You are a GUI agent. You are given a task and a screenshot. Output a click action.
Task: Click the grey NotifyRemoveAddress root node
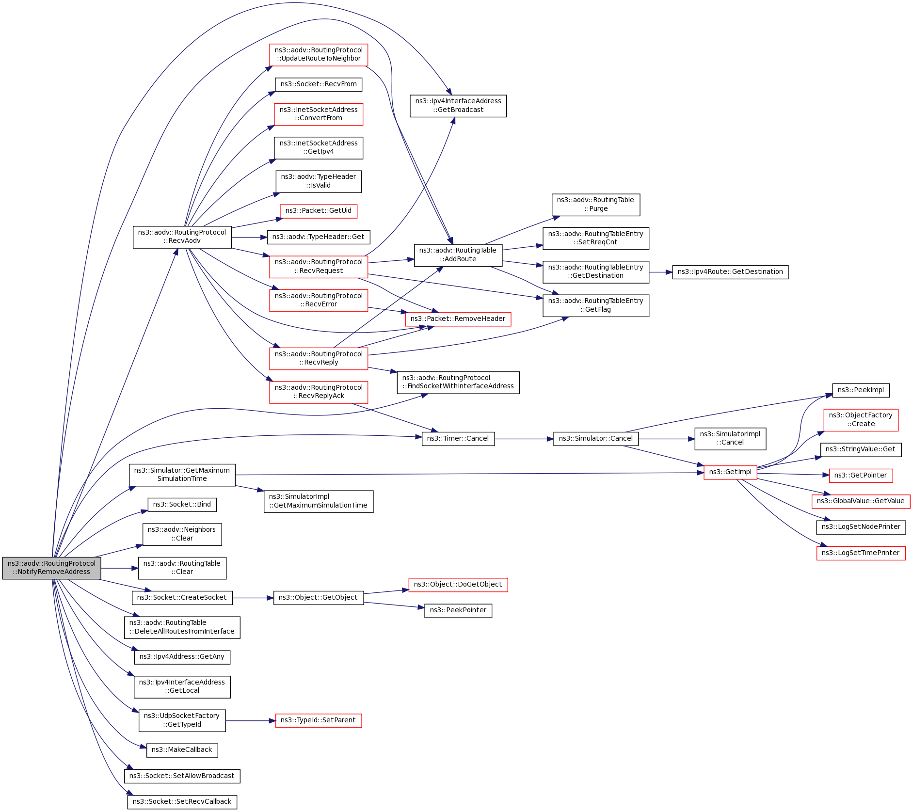[51, 568]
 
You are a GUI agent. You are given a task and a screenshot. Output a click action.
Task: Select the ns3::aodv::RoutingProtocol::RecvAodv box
[182, 237]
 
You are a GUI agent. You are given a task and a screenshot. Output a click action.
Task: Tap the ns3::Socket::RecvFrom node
[319, 84]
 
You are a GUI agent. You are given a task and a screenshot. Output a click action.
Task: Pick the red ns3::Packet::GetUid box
[319, 211]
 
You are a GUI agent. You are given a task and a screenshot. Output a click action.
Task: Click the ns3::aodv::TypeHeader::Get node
[319, 237]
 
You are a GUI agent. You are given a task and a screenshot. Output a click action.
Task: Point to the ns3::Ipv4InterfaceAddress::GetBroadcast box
[458, 106]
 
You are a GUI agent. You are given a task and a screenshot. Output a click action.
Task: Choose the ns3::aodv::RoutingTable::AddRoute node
[458, 255]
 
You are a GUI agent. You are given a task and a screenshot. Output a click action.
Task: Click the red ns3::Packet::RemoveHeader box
[458, 319]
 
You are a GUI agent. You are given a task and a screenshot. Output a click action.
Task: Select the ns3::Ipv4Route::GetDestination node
[730, 272]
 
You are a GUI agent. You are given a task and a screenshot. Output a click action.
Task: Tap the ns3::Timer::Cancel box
[458, 439]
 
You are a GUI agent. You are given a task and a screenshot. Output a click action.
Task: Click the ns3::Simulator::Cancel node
[596, 439]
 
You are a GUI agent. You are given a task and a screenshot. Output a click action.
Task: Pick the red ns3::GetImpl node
[730, 472]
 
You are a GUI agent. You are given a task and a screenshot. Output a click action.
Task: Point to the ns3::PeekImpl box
[861, 390]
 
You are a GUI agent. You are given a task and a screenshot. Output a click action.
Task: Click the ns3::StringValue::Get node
[861, 449]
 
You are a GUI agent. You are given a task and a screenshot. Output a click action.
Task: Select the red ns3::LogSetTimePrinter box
[861, 553]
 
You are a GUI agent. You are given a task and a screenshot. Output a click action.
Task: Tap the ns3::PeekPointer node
[458, 610]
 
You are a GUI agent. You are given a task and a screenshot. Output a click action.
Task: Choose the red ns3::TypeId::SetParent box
[319, 720]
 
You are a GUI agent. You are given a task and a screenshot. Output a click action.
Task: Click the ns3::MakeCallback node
[182, 750]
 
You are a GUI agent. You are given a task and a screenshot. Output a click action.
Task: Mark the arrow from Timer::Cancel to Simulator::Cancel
[524, 439]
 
